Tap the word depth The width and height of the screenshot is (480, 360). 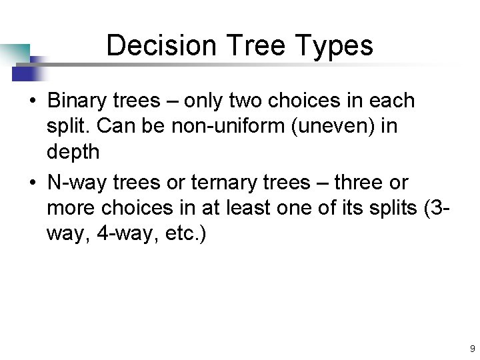pos(73,153)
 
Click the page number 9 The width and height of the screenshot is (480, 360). pos(472,349)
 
